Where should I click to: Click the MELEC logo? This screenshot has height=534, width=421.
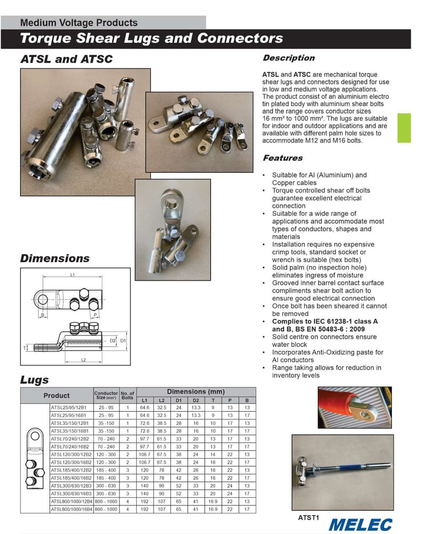pos(360,525)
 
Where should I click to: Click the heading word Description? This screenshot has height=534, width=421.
pos(288,58)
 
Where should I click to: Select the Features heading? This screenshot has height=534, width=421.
pos(283,158)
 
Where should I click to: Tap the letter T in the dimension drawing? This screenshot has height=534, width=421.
pos(25,348)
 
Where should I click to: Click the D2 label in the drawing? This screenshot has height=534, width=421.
pos(113,341)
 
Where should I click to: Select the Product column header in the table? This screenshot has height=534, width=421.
pos(56,395)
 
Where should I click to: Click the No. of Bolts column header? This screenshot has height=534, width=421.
pos(127,395)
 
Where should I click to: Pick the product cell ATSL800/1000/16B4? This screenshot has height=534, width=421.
pos(71,510)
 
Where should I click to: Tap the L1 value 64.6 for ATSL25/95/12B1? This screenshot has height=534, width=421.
pos(145,407)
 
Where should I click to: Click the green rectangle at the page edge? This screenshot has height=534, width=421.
pos(404,128)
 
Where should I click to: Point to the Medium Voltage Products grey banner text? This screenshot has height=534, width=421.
pos(78,23)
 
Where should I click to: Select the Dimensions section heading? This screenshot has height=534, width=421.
pos(55,259)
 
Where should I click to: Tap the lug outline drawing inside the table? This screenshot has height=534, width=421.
pos(35,458)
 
